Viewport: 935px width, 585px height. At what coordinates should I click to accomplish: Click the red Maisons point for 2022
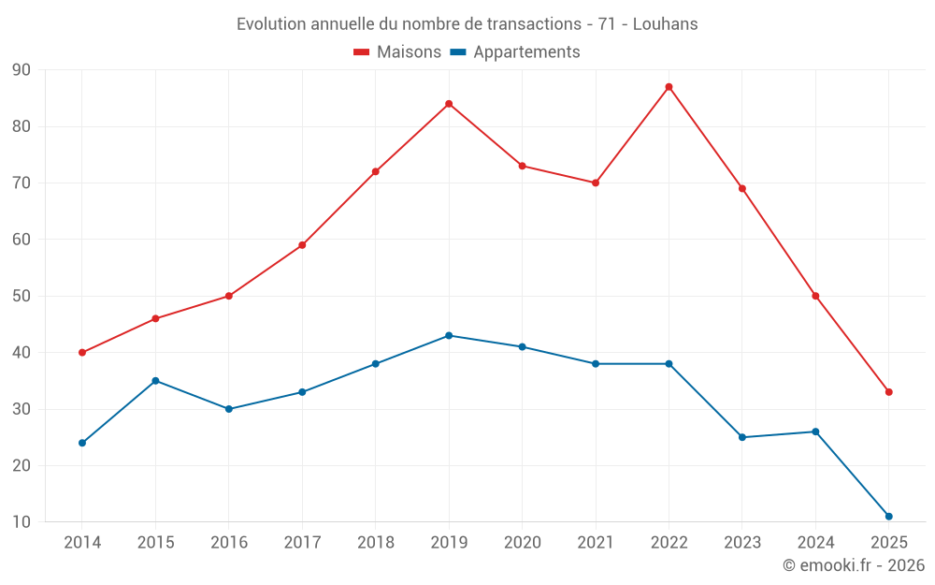click(x=669, y=87)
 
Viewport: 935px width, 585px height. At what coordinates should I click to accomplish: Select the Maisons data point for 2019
click(x=449, y=104)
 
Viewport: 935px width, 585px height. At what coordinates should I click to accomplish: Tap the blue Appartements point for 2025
click(x=888, y=517)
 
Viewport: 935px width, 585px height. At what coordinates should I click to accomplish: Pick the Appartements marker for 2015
click(x=155, y=381)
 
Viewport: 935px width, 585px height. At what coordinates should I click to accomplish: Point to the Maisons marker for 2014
click(x=82, y=353)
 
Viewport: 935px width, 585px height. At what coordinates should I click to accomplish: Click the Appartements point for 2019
click(x=449, y=336)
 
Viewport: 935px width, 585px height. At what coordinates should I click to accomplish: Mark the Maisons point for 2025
click(x=888, y=392)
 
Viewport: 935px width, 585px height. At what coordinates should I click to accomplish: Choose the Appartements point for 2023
click(x=742, y=437)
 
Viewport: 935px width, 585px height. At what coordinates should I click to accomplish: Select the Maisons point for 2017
click(x=302, y=245)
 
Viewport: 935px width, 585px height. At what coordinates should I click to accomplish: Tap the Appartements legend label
click(x=525, y=52)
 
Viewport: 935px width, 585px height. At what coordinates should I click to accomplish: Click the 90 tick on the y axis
click(x=22, y=70)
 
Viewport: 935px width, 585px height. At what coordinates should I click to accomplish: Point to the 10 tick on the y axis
click(x=22, y=522)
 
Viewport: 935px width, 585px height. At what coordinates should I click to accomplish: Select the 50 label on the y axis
click(x=22, y=297)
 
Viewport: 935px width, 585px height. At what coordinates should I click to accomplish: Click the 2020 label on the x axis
click(x=522, y=543)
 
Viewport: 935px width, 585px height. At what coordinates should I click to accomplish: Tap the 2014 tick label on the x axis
click(x=82, y=543)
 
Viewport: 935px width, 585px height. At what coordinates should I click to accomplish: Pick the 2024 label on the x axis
click(x=815, y=543)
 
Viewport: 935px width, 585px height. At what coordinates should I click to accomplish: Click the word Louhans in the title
click(x=665, y=24)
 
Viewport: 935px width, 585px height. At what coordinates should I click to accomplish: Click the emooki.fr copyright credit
click(x=853, y=565)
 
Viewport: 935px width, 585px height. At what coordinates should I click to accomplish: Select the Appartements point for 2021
click(x=596, y=364)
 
